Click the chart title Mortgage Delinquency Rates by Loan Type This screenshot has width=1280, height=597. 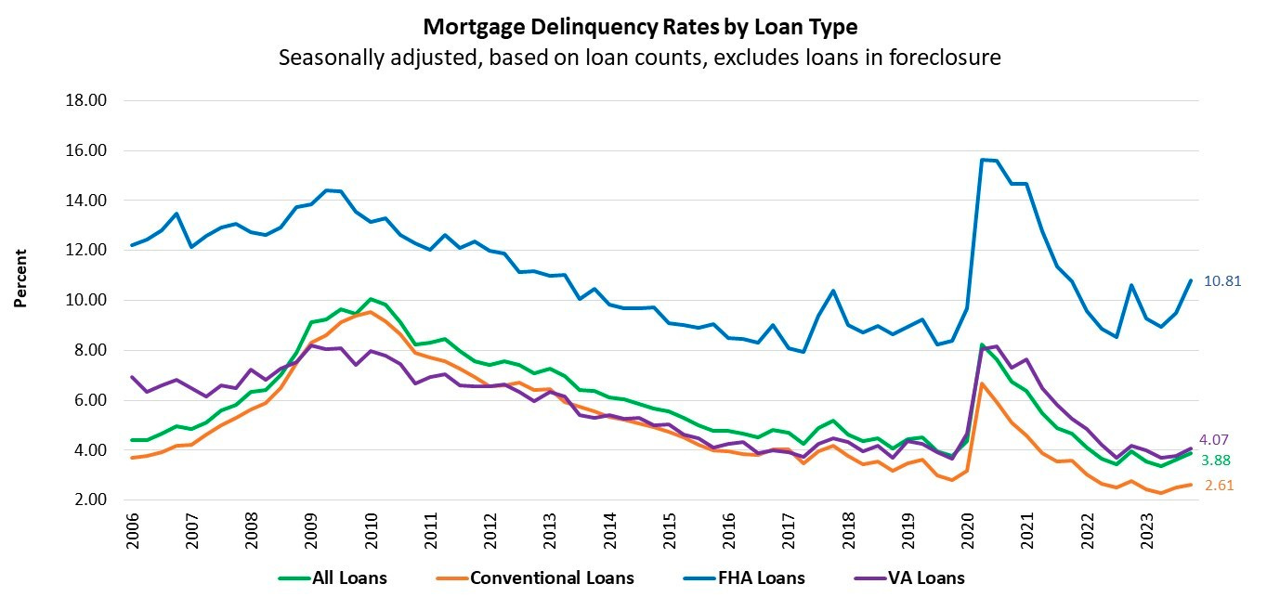pyautogui.click(x=640, y=26)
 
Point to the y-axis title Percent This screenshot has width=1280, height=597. pyautogui.click(x=20, y=278)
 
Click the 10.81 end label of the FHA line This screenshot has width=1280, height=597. pyautogui.click(x=1222, y=280)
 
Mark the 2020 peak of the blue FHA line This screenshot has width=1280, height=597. pyautogui.click(x=983, y=160)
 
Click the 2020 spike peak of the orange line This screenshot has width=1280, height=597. pyautogui.click(x=983, y=383)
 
